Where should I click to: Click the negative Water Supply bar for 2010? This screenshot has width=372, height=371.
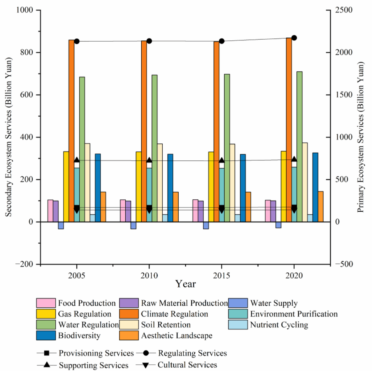133,225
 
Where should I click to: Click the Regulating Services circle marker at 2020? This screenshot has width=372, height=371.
294,38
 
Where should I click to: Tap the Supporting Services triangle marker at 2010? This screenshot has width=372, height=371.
149,160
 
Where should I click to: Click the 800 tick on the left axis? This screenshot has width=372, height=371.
28,52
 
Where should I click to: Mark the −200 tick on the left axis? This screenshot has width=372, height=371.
25,264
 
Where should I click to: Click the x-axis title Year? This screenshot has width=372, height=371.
185,284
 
